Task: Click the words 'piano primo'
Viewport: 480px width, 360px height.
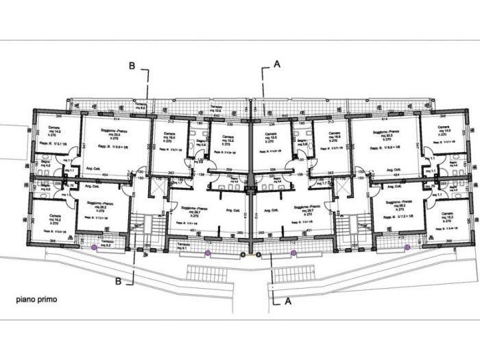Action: pyautogui.click(x=37, y=300)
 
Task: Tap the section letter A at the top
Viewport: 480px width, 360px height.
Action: pyautogui.click(x=276, y=63)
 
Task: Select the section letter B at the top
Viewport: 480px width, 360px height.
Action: pyautogui.click(x=132, y=66)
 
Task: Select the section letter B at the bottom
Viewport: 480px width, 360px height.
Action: pyautogui.click(x=119, y=280)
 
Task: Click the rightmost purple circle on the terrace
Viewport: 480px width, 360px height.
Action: pyautogui.click(x=407, y=247)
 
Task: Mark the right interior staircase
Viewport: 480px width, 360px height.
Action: pyautogui.click(x=361, y=223)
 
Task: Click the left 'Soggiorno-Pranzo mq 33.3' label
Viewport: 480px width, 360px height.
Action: pyautogui.click(x=113, y=138)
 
